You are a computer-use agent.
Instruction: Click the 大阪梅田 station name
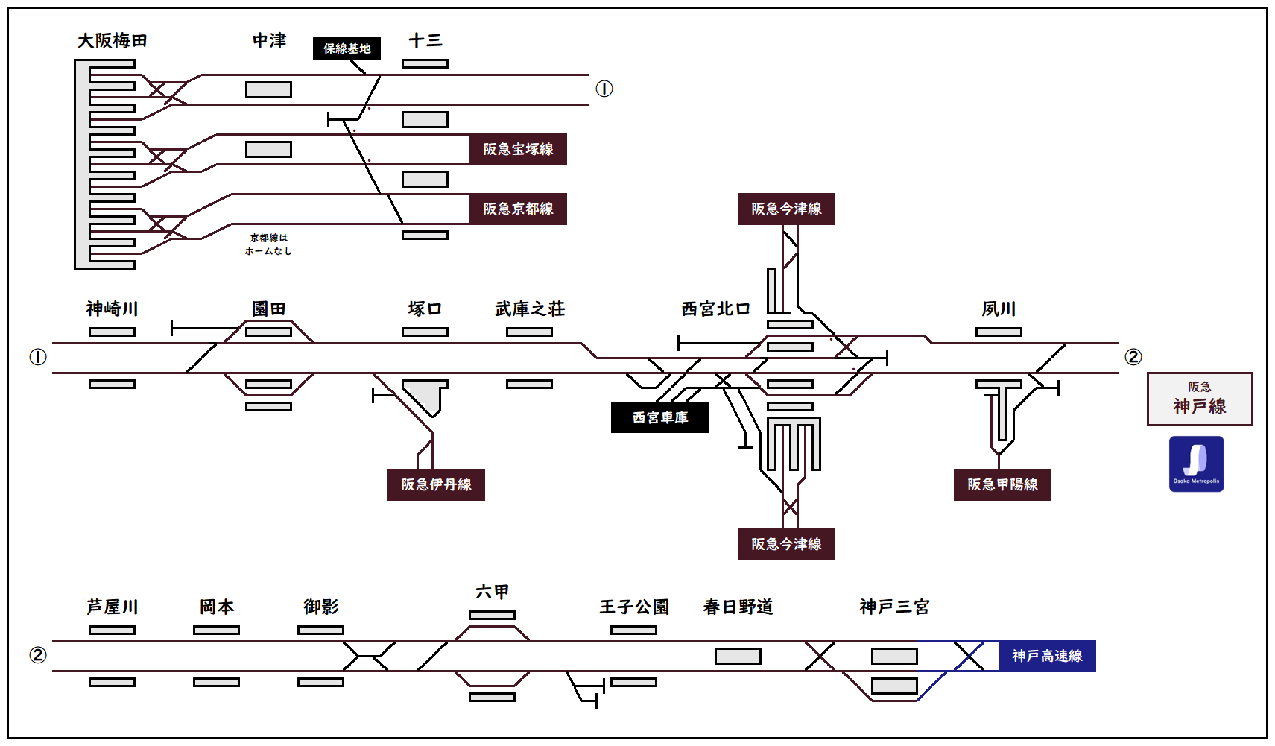click(113, 41)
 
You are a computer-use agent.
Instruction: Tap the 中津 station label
click(269, 41)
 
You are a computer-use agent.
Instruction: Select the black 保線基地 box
click(347, 48)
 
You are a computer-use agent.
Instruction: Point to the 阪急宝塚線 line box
click(518, 149)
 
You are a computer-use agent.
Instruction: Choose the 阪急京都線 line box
click(518, 209)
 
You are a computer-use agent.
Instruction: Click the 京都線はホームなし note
click(268, 244)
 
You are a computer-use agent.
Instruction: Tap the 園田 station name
click(268, 309)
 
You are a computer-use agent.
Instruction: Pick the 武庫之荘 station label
click(530, 309)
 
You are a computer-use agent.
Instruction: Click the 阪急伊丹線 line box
click(436, 484)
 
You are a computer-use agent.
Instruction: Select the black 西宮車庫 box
click(659, 417)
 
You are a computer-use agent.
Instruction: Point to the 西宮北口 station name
click(715, 309)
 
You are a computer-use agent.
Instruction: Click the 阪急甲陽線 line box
click(1002, 484)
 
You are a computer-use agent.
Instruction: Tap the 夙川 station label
click(999, 309)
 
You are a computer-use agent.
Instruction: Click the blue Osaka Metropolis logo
click(1196, 464)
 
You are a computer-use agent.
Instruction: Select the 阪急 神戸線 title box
click(1200, 399)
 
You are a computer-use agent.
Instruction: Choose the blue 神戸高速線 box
click(1047, 656)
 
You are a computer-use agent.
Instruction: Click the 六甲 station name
click(492, 592)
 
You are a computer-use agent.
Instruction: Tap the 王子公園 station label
click(634, 607)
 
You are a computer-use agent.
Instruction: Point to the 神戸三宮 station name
click(894, 607)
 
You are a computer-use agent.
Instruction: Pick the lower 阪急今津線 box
click(786, 544)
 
